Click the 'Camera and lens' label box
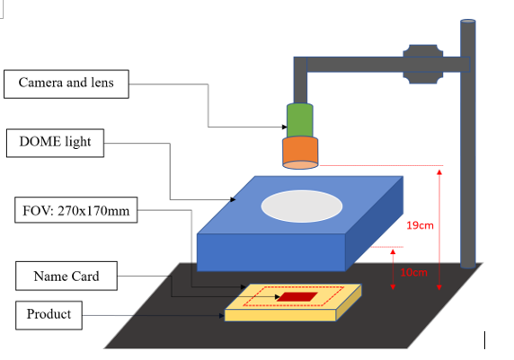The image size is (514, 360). pyautogui.click(x=66, y=83)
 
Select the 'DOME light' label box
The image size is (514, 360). pyautogui.click(x=55, y=143)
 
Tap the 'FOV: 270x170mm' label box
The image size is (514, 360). pyautogui.click(x=76, y=210)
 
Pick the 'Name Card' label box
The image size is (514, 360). pyautogui.click(x=66, y=276)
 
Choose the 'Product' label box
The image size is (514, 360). pyautogui.click(x=49, y=315)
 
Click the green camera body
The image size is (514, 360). pyautogui.click(x=300, y=120)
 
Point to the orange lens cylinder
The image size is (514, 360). pyautogui.click(x=300, y=153)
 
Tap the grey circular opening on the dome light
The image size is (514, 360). pyautogui.click(x=302, y=206)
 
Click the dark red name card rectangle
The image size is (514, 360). pyautogui.click(x=297, y=297)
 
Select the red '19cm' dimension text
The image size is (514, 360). pyautogui.click(x=420, y=225)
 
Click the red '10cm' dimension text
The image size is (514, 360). pyautogui.click(x=413, y=272)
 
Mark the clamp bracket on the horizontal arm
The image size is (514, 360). pyautogui.click(x=423, y=65)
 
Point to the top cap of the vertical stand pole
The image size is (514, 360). pyautogui.click(x=468, y=22)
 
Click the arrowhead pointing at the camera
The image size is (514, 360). pyautogui.click(x=285, y=127)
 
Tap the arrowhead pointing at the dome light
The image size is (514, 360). pyautogui.click(x=233, y=199)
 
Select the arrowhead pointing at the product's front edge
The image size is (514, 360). pyautogui.click(x=222, y=316)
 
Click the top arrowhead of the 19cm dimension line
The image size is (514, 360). pyautogui.click(x=439, y=172)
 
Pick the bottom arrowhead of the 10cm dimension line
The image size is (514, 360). pyautogui.click(x=393, y=287)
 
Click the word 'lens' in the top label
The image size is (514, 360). pyautogui.click(x=102, y=83)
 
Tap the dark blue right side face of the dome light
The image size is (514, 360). pyautogui.click(x=374, y=224)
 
